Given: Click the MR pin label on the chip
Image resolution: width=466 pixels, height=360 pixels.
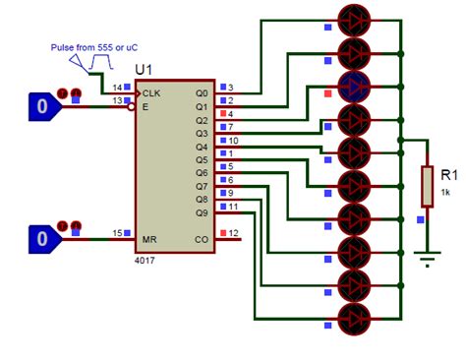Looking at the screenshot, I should tap(149, 237).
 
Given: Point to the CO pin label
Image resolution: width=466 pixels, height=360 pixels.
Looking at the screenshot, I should tap(203, 237).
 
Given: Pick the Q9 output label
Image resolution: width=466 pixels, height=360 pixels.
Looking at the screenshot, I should tap(202, 210).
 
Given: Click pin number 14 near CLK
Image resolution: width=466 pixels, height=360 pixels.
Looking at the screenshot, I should tap(118, 88).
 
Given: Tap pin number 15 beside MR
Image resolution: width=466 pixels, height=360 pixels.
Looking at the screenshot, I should tap(118, 233).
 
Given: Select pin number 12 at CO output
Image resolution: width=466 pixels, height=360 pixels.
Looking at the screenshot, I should tap(234, 233).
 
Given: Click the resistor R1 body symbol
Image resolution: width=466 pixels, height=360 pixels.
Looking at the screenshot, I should tap(426, 186).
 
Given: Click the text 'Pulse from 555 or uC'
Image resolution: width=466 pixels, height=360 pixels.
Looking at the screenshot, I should tap(90, 46).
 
